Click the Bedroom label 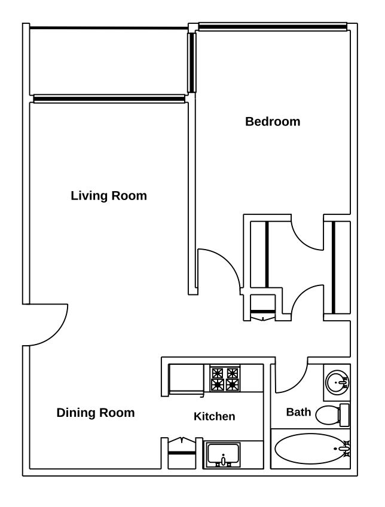[273, 122]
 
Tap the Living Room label [109, 196]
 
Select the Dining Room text [96, 413]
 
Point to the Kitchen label [215, 416]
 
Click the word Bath [298, 412]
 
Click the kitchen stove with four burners [225, 379]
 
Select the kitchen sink [224, 454]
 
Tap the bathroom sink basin [337, 383]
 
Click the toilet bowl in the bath [327, 415]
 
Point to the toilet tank [344, 415]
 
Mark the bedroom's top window [273, 26]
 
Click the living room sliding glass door [109, 99]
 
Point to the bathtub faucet [344, 449]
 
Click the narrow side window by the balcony [192, 63]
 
